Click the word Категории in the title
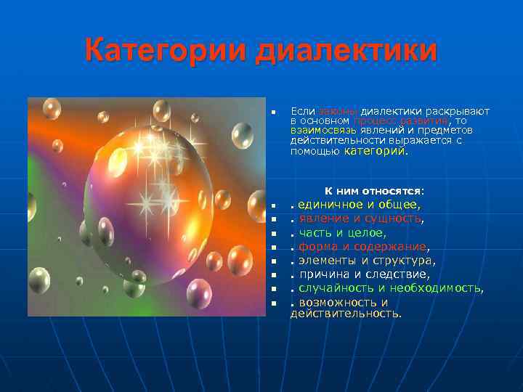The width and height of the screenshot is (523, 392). coord(166,52)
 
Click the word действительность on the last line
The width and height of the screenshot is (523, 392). coord(345,313)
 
